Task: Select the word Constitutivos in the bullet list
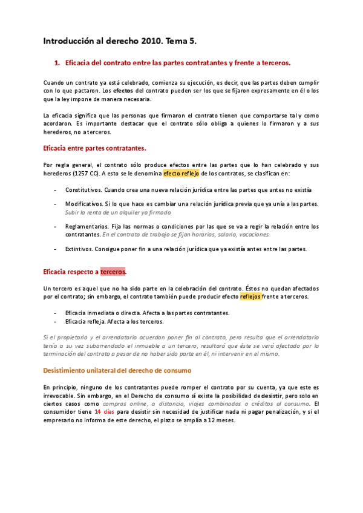(x=82, y=189)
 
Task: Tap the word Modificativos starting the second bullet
(x=83, y=204)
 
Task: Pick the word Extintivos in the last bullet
(x=79, y=249)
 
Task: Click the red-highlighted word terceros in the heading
(x=113, y=272)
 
